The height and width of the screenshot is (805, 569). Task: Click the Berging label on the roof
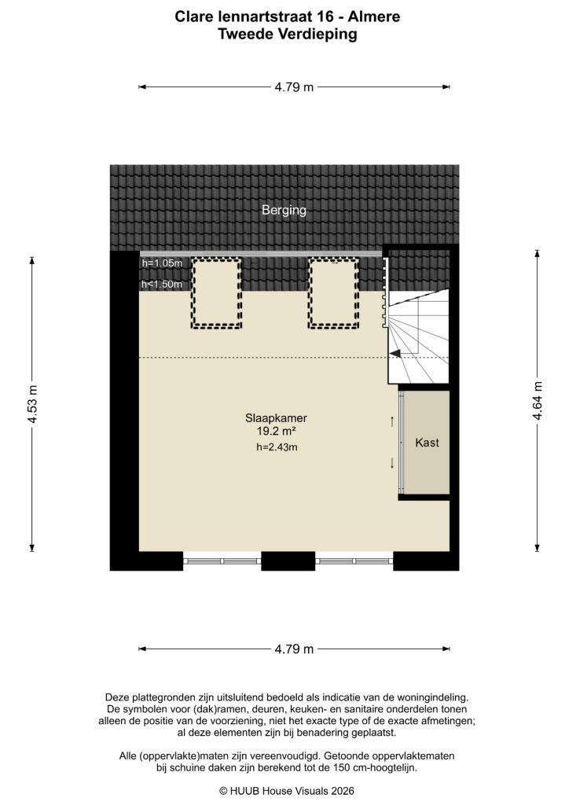284,211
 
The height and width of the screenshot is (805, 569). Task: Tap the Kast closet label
427,443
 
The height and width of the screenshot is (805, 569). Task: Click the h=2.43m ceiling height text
277,447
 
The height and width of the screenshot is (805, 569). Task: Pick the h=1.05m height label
162,263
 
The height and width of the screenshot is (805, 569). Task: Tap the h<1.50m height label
162,285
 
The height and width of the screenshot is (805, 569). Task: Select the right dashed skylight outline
333,292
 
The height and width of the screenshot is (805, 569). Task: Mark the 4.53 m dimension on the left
32,405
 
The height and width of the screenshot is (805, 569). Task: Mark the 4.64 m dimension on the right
538,401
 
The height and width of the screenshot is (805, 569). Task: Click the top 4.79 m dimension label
294,87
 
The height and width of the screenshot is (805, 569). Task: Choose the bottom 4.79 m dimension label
294,649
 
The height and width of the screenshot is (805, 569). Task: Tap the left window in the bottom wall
222,561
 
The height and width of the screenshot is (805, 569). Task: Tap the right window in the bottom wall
354,561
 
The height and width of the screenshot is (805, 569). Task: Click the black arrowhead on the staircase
397,354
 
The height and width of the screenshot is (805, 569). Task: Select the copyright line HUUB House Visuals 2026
286,791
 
